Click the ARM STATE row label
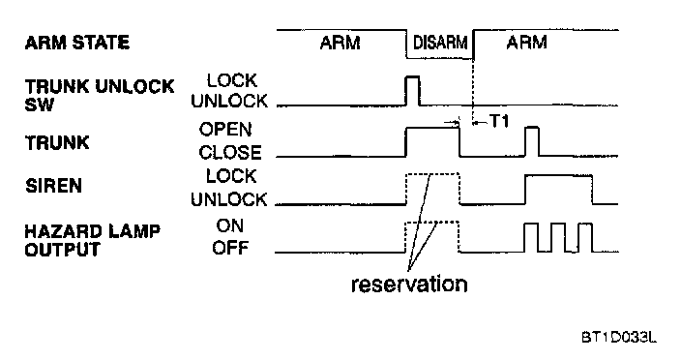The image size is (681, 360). click(77, 43)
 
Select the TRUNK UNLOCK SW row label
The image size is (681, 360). click(100, 95)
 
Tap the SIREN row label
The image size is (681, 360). click(53, 186)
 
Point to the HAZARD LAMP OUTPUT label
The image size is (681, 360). click(93, 240)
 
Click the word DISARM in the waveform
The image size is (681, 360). click(440, 43)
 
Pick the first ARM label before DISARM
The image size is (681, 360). click(340, 43)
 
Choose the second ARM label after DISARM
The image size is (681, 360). click(526, 43)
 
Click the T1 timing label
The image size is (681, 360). click(499, 121)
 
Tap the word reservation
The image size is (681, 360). click(409, 285)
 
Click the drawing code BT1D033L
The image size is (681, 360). click(619, 337)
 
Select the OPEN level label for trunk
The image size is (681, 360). click(225, 130)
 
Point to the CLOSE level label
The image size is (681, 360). click(230, 153)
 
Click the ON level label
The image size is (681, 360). click(230, 225)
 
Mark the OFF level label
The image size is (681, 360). click(230, 248)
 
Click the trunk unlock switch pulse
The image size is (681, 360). click(412, 76)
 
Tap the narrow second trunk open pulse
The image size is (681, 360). click(532, 128)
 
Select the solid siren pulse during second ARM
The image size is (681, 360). click(559, 175)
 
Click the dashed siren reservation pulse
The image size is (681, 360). click(432, 174)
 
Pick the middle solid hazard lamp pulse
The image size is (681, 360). click(558, 225)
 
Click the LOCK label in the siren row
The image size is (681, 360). click(231, 176)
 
